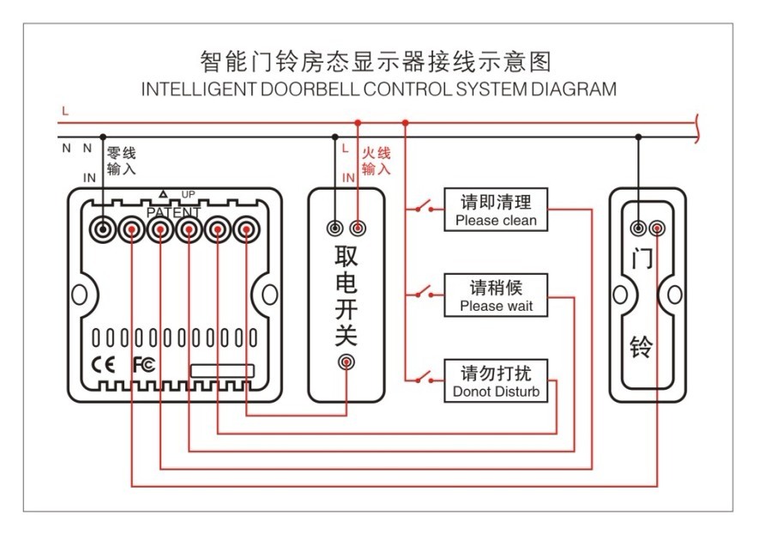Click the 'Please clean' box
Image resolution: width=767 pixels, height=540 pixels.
496,211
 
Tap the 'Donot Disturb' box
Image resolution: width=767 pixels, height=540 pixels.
496,382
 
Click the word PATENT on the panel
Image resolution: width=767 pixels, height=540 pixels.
173,212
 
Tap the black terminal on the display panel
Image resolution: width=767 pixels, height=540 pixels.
104,229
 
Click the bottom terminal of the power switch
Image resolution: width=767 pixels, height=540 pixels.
347,362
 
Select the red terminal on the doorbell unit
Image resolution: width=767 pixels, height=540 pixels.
657,228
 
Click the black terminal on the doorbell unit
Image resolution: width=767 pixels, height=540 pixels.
638,228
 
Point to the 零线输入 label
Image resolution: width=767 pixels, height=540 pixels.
121,161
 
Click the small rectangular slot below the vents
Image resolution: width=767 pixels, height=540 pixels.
222,371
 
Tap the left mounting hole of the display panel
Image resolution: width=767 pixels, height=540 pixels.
79,294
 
